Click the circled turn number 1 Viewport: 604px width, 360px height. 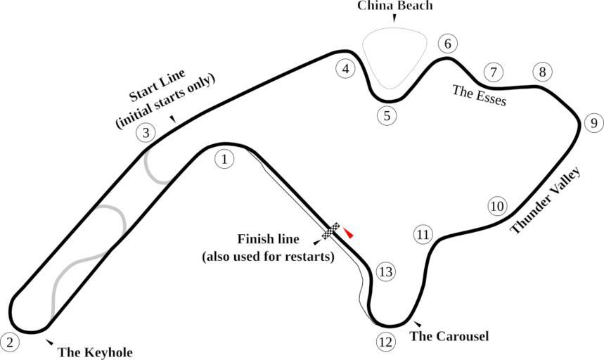[x=224, y=160]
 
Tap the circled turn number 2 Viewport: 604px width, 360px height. [x=10, y=342]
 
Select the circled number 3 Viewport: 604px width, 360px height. [x=146, y=132]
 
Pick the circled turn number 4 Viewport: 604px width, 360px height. [x=345, y=69]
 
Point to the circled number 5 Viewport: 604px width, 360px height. [x=386, y=115]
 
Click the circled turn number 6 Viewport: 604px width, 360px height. [x=446, y=44]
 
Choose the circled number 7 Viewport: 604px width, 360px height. [x=494, y=72]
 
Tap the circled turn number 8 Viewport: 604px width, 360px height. [x=541, y=72]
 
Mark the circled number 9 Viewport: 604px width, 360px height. [x=593, y=124]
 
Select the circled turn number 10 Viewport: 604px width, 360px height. [x=497, y=206]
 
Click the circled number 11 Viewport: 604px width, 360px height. [x=422, y=235]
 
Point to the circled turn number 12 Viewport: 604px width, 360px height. [x=385, y=342]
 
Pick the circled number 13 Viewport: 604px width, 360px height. [x=386, y=272]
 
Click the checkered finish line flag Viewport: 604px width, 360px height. [x=331, y=231]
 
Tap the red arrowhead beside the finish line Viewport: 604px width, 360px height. [x=348, y=233]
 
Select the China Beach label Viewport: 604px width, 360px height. [x=394, y=6]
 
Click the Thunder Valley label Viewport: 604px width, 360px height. [x=545, y=200]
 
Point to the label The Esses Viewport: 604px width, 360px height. [x=479, y=95]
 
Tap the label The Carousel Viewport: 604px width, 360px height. [x=449, y=336]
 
